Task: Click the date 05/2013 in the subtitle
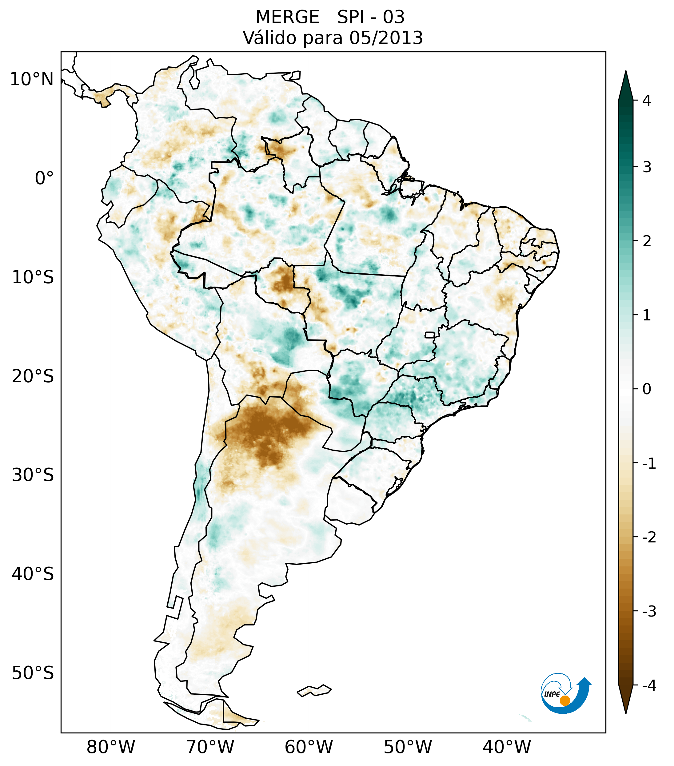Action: click(386, 38)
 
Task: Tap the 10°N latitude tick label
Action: click(32, 79)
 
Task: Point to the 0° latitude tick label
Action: click(44, 178)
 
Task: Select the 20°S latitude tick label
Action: click(33, 376)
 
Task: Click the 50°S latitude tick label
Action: click(33, 673)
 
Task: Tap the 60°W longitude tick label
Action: click(309, 747)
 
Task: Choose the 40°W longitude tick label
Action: click(507, 747)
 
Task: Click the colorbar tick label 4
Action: click(647, 101)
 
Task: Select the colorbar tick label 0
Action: click(647, 389)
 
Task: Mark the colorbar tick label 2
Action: click(647, 241)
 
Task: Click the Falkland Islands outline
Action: click(314, 691)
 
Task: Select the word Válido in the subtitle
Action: click(269, 38)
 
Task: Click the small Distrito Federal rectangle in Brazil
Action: click(429, 335)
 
